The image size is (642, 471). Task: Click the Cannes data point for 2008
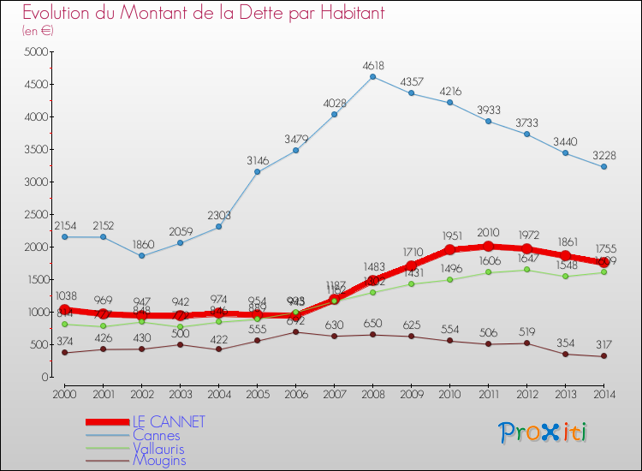click(372, 77)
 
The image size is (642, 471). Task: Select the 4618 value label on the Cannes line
click(372, 65)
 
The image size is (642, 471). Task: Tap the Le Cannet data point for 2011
click(488, 247)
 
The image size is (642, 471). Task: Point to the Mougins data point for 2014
click(603, 356)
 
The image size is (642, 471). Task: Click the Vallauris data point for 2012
click(526, 270)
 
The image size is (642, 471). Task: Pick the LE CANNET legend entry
click(169, 422)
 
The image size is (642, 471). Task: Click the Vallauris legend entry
click(158, 448)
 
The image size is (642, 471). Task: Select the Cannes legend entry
click(157, 435)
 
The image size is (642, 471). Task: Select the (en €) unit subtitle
click(38, 31)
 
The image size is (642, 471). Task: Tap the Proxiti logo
click(543, 432)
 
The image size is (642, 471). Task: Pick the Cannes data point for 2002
click(141, 256)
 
